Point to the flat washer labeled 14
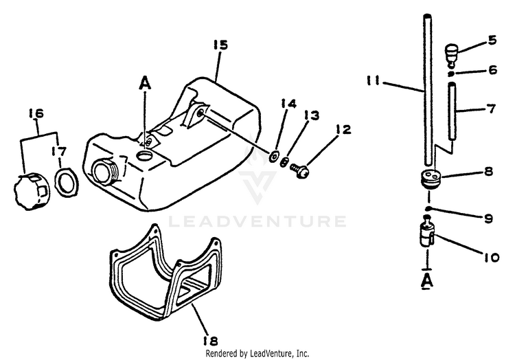pyautogui.click(x=273, y=157)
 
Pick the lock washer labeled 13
pyautogui.click(x=284, y=162)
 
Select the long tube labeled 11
pyautogui.click(x=427, y=90)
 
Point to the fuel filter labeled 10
pyautogui.click(x=426, y=234)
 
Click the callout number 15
pyautogui.click(x=220, y=45)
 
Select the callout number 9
pyautogui.click(x=488, y=218)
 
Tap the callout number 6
pyautogui.click(x=492, y=70)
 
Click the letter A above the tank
pyautogui.click(x=145, y=82)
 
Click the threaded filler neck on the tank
pyautogui.click(x=104, y=171)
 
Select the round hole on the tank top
pyautogui.click(x=144, y=155)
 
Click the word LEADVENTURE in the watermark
pyautogui.click(x=257, y=221)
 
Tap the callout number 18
pyautogui.click(x=211, y=341)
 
